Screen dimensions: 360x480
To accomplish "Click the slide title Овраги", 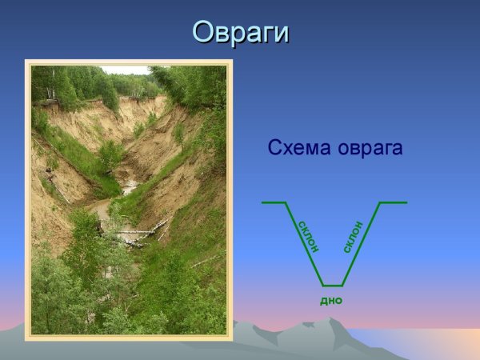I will tap(241, 33).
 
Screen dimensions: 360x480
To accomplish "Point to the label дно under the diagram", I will tap(331, 300).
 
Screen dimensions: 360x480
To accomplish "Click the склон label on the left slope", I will tap(308, 236).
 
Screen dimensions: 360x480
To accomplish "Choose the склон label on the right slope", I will tap(353, 237).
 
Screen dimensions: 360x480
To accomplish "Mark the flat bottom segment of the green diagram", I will tap(332, 285).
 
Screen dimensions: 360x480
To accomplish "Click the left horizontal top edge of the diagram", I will tap(274, 202).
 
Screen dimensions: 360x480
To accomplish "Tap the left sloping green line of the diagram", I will tap(304, 244).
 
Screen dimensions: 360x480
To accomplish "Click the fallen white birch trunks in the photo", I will tap(136, 233).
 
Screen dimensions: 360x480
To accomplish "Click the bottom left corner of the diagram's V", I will tap(322, 285).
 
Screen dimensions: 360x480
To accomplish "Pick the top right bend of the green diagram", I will tap(380, 202).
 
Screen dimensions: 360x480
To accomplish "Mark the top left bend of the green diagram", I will tap(286, 202).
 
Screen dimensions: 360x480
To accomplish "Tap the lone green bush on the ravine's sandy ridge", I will tap(111, 153).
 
